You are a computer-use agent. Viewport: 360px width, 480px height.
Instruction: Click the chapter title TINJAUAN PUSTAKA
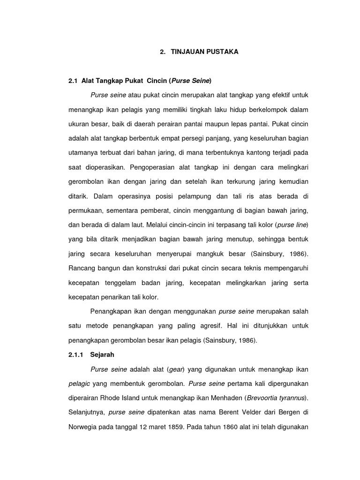pyautogui.click(x=204, y=52)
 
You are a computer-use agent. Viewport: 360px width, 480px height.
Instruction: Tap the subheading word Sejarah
pyautogui.click(x=103, y=355)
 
